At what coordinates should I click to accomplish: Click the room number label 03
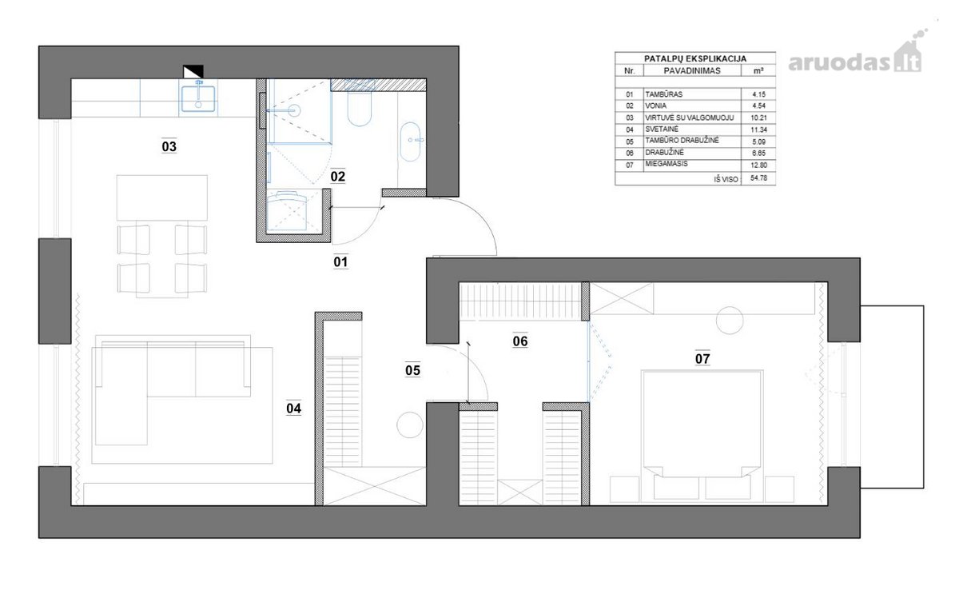pos(169,147)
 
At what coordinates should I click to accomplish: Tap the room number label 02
pos(338,177)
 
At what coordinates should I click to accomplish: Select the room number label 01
pos(340,261)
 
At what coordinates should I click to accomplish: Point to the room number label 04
pos(294,409)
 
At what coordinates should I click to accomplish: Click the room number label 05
pos(412,370)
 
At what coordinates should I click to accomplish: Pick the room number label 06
pos(520,341)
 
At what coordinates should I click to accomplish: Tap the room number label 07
pos(702,359)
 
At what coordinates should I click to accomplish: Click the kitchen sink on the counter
pos(198,98)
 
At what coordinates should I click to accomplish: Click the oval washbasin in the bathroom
pos(410,142)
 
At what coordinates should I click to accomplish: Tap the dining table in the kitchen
pos(162,197)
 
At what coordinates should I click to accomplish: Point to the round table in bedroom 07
pos(730,321)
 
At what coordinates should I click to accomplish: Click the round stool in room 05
pos(410,425)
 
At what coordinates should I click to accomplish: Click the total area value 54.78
pos(758,177)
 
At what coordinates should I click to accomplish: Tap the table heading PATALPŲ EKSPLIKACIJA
pos(695,58)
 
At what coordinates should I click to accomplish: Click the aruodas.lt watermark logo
pos(855,57)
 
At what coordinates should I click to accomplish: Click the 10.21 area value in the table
pos(758,118)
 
